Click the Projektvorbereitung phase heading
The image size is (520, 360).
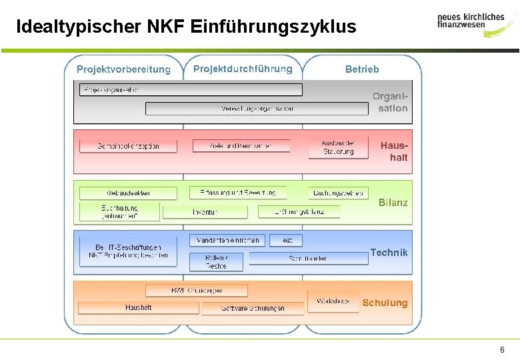123,69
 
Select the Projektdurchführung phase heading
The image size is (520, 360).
243,69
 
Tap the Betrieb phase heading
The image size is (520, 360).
362,69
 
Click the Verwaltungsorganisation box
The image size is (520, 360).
257,109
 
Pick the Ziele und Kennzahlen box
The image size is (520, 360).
241,146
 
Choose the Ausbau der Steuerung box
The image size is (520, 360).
338,147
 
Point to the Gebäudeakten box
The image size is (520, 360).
128,193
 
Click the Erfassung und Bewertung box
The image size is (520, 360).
237,193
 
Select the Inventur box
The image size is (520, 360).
205,212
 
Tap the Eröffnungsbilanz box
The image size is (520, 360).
299,212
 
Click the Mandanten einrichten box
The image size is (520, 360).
228,240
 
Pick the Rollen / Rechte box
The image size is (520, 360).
216,262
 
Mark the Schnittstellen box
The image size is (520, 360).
308,259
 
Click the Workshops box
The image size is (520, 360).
333,301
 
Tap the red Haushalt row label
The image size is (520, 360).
393,151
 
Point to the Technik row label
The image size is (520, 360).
389,253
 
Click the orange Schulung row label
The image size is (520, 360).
385,303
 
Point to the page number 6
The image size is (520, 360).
501,350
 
